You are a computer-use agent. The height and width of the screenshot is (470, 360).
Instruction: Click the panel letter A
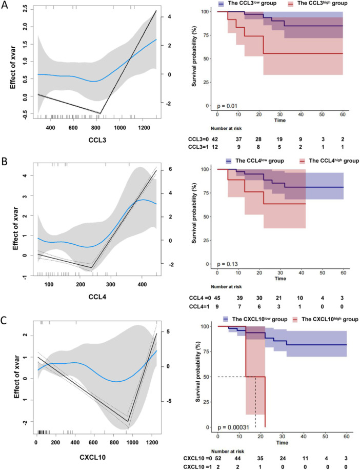[5, 5]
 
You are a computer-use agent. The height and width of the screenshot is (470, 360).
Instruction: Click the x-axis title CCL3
[97, 140]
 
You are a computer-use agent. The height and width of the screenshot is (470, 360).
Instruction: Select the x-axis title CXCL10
[92, 457]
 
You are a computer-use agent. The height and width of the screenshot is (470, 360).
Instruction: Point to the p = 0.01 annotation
[227, 106]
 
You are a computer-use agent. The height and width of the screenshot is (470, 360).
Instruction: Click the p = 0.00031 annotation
[233, 427]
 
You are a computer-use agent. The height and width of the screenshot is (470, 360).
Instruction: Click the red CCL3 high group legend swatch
[290, 4]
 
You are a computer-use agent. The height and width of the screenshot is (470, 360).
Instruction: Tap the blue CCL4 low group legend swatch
[229, 161]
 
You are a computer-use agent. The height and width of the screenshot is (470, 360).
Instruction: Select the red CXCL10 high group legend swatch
[295, 319]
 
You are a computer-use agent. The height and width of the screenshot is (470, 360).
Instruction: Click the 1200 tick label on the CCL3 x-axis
[144, 128]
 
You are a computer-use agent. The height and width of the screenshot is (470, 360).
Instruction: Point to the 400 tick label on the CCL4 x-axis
[142, 284]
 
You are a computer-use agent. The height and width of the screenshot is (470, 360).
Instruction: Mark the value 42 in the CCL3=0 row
[215, 139]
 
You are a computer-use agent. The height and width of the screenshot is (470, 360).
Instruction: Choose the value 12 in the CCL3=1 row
[215, 147]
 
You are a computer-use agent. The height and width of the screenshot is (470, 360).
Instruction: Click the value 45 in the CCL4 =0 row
[216, 298]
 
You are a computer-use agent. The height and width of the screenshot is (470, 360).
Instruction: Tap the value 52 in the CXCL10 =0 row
[218, 459]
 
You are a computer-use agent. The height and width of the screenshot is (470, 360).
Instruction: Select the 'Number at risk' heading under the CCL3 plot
[226, 129]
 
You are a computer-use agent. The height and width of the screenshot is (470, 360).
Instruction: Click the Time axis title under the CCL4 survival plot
[281, 279]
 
